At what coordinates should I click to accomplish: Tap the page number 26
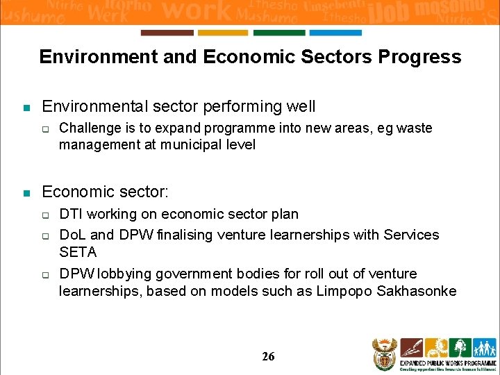[268, 356]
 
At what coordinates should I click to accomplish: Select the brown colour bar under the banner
[167, 33]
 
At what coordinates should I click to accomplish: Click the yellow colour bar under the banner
[222, 33]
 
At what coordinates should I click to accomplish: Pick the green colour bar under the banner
[278, 33]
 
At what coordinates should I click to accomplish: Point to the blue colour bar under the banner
[335, 33]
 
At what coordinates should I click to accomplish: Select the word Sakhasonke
[417, 291]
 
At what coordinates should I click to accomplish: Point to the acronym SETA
[78, 252]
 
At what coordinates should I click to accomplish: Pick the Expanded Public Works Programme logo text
[458, 362]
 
